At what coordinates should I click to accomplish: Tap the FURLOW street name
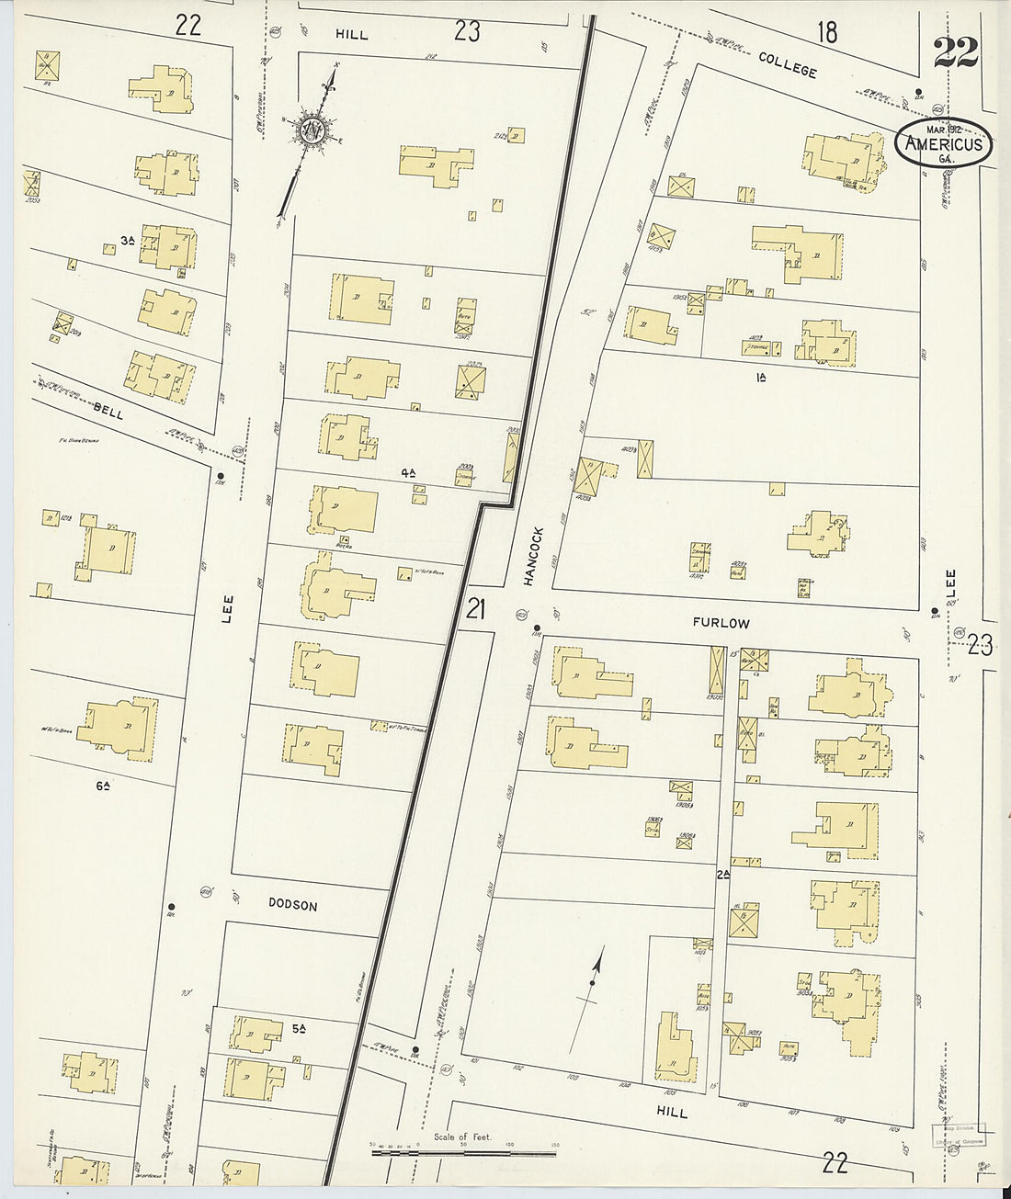click(x=721, y=623)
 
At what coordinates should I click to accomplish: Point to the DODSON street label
click(x=292, y=905)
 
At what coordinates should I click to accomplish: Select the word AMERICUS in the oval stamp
click(x=944, y=144)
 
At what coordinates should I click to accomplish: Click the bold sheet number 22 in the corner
click(x=956, y=53)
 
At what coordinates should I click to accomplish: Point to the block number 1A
click(x=760, y=378)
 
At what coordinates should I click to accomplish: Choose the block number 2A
click(x=723, y=876)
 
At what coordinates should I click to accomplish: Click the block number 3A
click(x=128, y=241)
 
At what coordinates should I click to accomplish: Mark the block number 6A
click(x=103, y=785)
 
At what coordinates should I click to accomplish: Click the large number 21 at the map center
click(x=474, y=609)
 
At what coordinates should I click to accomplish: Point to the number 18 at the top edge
click(x=827, y=33)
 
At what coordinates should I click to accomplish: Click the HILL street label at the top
click(x=351, y=34)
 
